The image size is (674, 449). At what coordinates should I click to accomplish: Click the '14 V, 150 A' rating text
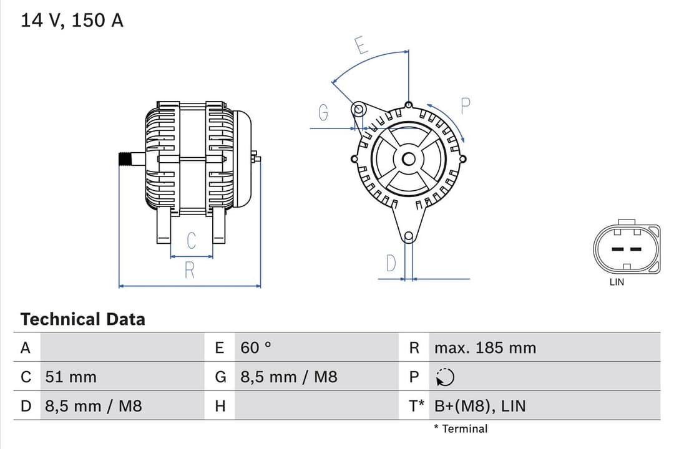click(72, 21)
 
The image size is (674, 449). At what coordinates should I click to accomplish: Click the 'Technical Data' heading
click(82, 319)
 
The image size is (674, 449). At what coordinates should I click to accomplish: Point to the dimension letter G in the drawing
click(323, 113)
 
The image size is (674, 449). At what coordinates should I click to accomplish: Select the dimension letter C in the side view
click(192, 240)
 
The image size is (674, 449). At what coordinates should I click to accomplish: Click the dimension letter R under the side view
click(190, 271)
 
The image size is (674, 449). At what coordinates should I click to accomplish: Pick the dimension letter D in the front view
click(391, 264)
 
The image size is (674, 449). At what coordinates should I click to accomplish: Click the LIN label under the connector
click(617, 282)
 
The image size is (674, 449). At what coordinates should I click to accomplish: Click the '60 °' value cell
click(256, 348)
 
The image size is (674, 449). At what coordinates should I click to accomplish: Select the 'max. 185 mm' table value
click(485, 348)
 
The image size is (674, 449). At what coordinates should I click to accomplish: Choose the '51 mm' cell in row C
click(71, 377)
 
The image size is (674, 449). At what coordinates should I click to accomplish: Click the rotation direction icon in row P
click(446, 377)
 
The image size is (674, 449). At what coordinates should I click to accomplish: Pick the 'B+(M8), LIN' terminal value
click(479, 407)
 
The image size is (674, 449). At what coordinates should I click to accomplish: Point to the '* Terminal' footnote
click(461, 428)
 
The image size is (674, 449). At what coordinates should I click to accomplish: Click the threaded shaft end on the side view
click(126, 159)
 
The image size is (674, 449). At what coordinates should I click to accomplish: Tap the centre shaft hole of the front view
click(408, 158)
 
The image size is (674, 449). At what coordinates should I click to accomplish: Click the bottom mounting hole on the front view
click(408, 236)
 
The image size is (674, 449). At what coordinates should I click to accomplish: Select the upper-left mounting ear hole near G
click(358, 110)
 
